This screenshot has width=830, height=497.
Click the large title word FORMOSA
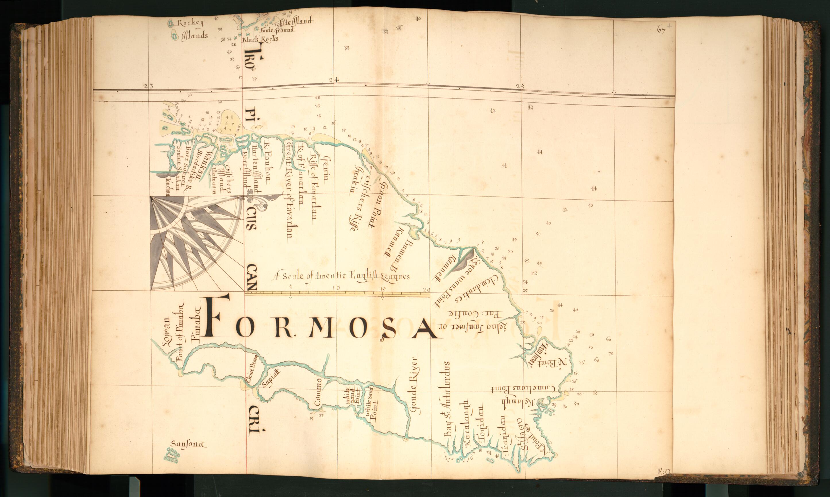tap(321, 322)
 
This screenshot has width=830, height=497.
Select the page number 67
tap(661, 30)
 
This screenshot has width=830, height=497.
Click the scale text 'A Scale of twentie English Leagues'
tap(341, 276)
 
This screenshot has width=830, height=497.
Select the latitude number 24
tap(334, 80)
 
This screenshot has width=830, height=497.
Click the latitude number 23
tap(148, 86)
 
